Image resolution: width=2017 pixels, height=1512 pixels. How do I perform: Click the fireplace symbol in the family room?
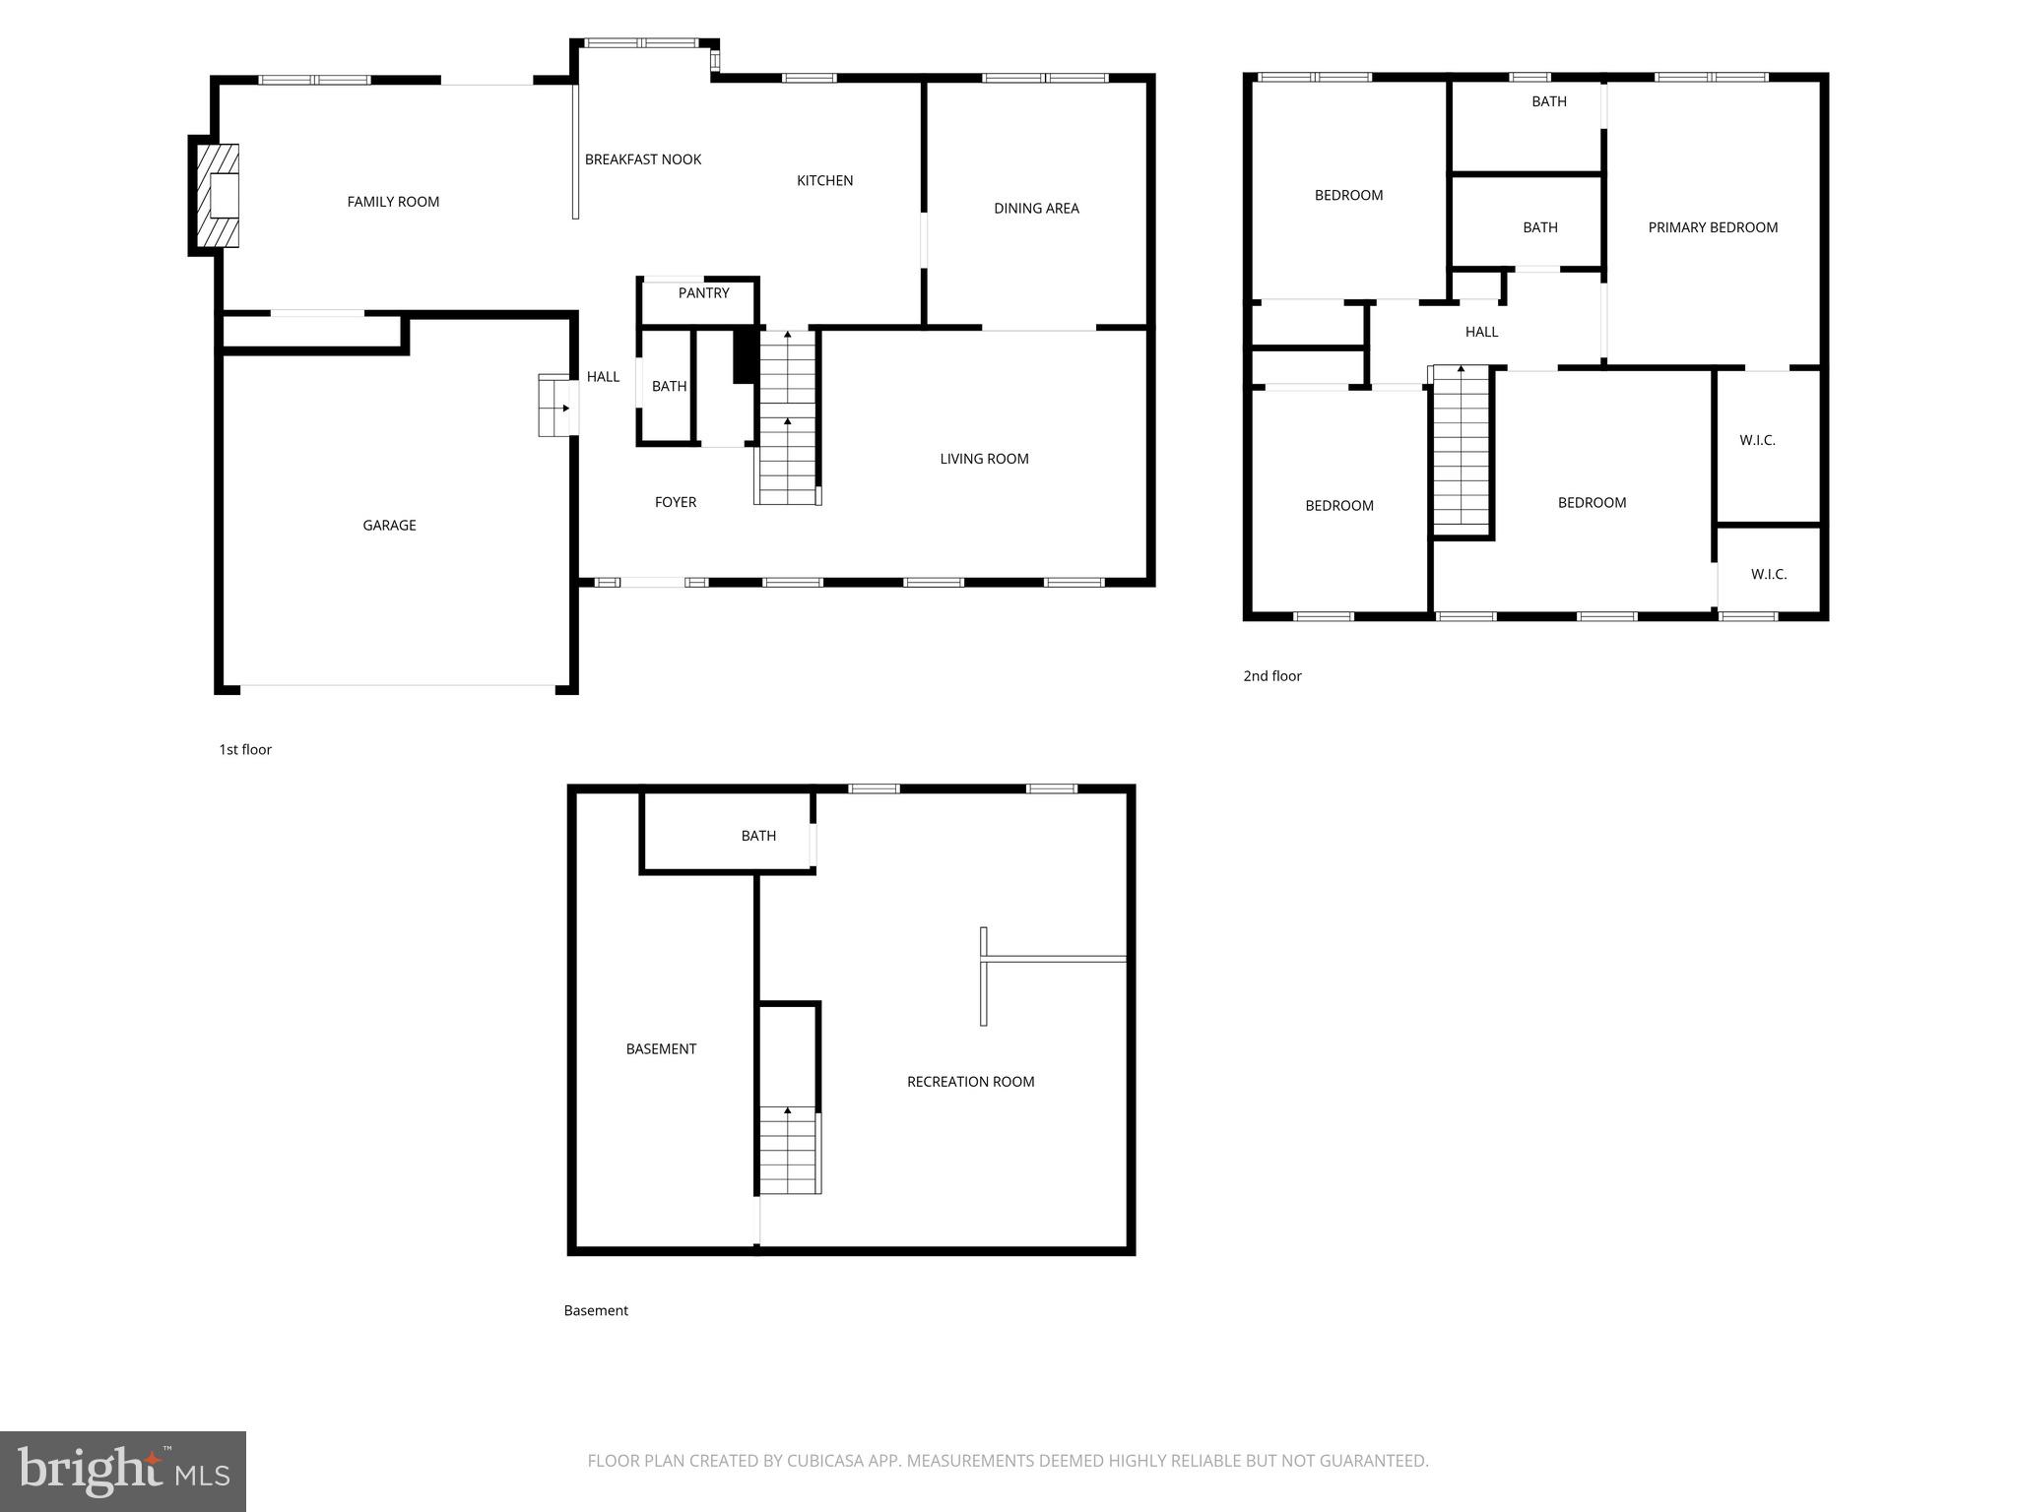coord(218,195)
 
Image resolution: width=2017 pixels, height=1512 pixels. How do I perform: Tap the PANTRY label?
coord(703,293)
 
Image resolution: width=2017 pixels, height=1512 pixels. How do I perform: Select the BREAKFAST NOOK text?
coord(643,159)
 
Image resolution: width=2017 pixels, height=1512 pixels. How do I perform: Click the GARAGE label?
coord(389,526)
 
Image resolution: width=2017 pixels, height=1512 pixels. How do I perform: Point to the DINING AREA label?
coord(1036,209)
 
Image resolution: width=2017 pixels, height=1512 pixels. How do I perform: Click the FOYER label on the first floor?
coord(676,502)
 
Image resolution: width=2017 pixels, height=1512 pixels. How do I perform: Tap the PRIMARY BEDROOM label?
coord(1713,227)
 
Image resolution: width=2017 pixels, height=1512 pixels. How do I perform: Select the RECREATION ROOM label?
coord(970,1082)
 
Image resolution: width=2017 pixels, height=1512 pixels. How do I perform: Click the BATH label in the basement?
coord(758,836)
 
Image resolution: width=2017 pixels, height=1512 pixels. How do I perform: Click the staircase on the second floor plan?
coord(1461,448)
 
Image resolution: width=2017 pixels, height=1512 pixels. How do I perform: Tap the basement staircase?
coord(788,1150)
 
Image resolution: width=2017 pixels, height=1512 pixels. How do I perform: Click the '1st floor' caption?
coord(245,750)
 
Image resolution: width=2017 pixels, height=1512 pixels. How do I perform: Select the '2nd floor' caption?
coord(1272,676)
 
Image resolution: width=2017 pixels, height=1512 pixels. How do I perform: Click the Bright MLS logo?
coord(123,1471)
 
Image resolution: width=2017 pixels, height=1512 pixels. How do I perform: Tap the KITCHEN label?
coord(824,181)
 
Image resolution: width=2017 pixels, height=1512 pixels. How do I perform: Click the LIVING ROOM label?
coord(984,459)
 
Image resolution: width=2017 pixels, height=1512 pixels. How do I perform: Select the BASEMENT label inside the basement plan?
coord(661,1049)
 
